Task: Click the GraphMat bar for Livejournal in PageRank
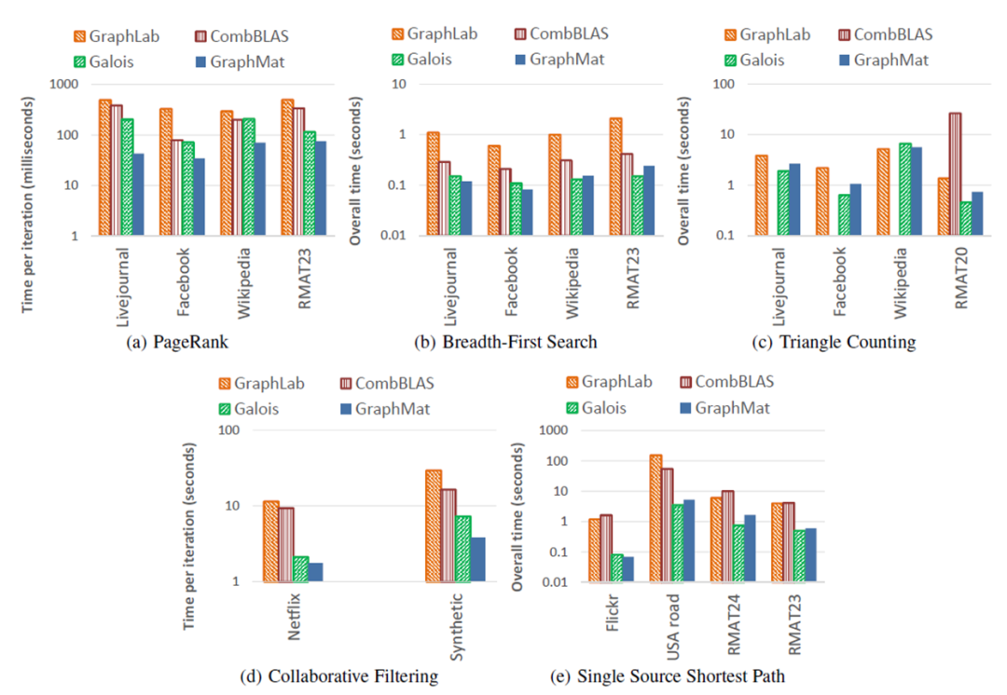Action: pos(139,195)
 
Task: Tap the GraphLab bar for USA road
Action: pos(656,518)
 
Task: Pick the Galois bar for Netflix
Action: pos(300,568)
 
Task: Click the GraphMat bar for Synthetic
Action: pos(478,559)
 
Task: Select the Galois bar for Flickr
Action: pos(616,567)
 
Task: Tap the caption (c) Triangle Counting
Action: pos(835,342)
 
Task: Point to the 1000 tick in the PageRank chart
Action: pos(70,84)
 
